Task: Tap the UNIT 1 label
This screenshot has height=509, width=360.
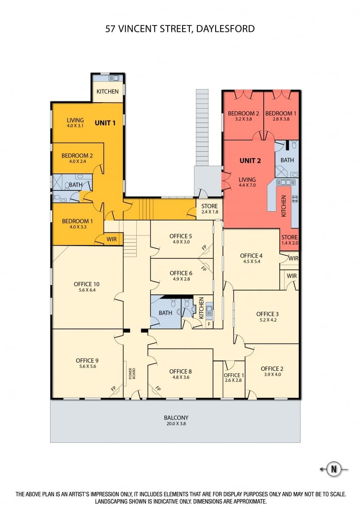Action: pyautogui.click(x=105, y=123)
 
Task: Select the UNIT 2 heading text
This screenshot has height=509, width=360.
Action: pyautogui.click(x=250, y=161)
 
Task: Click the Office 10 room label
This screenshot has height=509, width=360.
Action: pyautogui.click(x=87, y=284)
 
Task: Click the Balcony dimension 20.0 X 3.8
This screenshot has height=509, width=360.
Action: pyautogui.click(x=176, y=423)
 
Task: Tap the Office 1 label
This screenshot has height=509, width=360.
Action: pyautogui.click(x=234, y=375)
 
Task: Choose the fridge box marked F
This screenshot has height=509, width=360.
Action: pyautogui.click(x=209, y=324)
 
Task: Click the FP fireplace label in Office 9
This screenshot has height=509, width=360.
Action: pyautogui.click(x=113, y=389)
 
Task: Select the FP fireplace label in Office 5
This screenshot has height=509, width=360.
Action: pyautogui.click(x=204, y=247)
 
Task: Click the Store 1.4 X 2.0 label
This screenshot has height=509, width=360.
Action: pyautogui.click(x=290, y=240)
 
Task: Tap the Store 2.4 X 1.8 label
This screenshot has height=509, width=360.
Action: pyautogui.click(x=209, y=209)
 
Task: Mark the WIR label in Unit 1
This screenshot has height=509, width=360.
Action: pyautogui.click(x=111, y=239)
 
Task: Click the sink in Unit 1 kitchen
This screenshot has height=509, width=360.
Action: pyautogui.click(x=114, y=78)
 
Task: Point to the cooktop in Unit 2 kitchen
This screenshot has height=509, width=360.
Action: pyautogui.click(x=295, y=199)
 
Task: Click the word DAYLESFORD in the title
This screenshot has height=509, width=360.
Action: pyautogui.click(x=225, y=29)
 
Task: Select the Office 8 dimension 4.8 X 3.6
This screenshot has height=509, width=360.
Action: pyautogui.click(x=180, y=377)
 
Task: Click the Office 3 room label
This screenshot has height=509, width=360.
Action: pyautogui.click(x=267, y=314)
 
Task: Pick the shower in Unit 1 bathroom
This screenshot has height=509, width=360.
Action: pyautogui.click(x=57, y=182)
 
